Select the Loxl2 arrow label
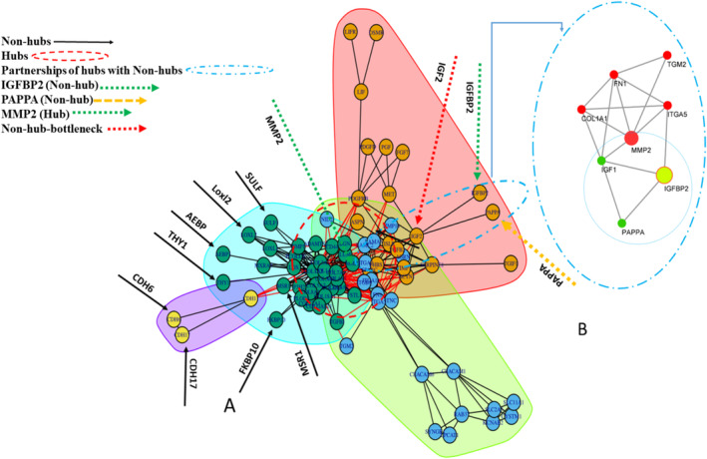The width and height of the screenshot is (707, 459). tap(219, 163)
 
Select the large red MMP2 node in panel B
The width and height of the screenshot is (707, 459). tap(630, 137)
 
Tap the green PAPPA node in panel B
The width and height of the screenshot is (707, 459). tap(623, 224)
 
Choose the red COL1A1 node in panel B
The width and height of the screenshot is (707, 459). tap(580, 109)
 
